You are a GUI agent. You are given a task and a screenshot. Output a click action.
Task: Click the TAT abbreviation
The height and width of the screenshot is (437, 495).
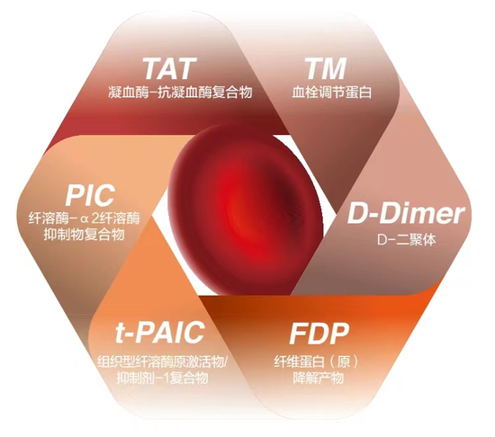[168, 68]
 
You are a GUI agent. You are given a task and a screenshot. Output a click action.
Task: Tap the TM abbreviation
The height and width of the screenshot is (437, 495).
[326, 68]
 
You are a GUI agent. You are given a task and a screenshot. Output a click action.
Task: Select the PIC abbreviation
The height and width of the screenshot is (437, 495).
[90, 195]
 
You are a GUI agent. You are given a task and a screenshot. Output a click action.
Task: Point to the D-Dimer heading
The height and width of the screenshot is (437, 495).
[406, 214]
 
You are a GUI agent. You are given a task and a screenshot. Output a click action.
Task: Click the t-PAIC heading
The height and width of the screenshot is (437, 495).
[159, 332]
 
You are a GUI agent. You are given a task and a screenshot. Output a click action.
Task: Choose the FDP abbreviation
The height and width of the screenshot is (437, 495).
[319, 333]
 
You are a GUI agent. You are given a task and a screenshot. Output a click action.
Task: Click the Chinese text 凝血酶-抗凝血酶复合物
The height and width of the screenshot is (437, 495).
[180, 93]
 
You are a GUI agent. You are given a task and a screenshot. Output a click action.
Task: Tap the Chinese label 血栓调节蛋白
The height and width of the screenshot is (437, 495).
[331, 92]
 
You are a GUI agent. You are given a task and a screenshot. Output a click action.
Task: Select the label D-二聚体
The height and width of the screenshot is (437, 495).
[407, 239]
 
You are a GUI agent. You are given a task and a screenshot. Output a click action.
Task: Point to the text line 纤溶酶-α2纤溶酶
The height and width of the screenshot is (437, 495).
[84, 218]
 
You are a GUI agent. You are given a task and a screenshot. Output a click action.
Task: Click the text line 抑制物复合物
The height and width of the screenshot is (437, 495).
[84, 235]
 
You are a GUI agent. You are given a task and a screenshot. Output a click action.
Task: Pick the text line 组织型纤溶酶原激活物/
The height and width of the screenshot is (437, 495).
[162, 361]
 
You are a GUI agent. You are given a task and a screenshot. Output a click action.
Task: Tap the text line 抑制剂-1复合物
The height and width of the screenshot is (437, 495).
[162, 378]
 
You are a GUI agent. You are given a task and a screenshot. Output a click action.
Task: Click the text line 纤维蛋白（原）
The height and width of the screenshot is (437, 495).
[317, 361]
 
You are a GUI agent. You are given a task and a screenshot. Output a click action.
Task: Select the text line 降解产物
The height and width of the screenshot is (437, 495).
[319, 378]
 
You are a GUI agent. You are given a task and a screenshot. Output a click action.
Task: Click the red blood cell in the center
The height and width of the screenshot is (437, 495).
[246, 209]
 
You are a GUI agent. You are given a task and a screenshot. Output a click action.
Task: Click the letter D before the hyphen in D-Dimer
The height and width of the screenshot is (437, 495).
[356, 214]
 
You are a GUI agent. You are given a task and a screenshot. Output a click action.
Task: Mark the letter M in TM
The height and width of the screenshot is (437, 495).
[334, 68]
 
